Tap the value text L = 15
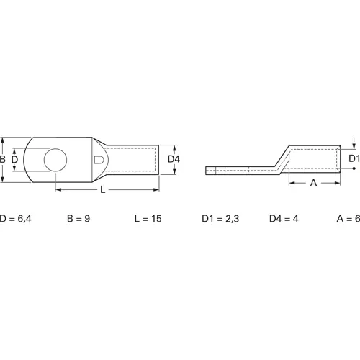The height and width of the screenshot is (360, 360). [148, 218]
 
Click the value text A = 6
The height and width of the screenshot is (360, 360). [348, 218]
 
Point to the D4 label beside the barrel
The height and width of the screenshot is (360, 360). [173, 158]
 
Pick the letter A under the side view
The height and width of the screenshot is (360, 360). [313, 184]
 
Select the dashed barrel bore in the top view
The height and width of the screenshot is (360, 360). [133, 158]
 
